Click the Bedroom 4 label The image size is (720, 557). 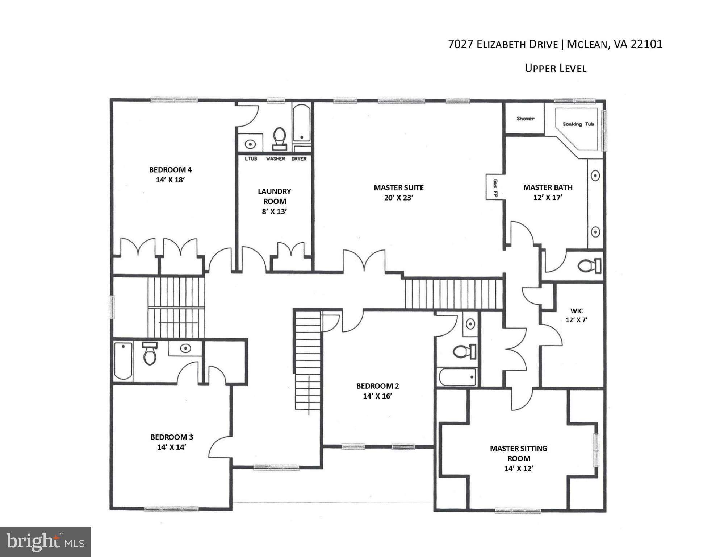[x=170, y=170]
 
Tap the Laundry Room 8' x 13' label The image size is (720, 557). [x=274, y=201]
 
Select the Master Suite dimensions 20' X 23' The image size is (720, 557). [x=398, y=198]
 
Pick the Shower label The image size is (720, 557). [x=525, y=119]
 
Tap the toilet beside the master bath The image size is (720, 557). [x=589, y=266]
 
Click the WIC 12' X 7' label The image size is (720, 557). [x=576, y=315]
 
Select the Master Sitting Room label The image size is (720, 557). [x=518, y=453]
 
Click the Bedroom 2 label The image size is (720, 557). [x=377, y=386]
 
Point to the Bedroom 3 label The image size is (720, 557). [x=172, y=437]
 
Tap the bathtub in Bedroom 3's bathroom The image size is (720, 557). [x=123, y=361]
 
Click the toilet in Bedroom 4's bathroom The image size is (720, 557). [x=279, y=138]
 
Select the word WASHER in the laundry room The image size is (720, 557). [x=275, y=159]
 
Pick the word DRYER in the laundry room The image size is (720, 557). [x=299, y=159]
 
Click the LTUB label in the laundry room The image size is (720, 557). [x=251, y=159]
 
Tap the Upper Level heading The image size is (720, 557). [x=555, y=68]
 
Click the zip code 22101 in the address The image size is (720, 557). [x=646, y=44]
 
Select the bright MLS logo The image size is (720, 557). [x=45, y=542]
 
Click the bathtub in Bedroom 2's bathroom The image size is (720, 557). [x=457, y=377]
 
